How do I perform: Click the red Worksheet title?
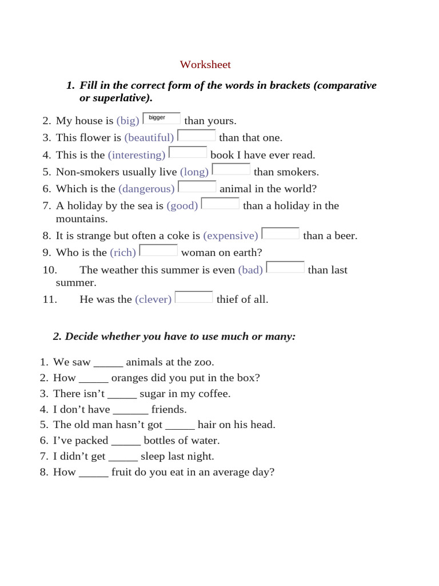coord(205,65)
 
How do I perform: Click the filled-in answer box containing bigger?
coord(161,118)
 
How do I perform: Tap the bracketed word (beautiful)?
coord(149,138)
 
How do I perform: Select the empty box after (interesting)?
coord(188,153)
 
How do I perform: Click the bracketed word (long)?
coord(194,172)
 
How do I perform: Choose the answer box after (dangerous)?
coord(197,187)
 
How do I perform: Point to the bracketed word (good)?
coord(182,206)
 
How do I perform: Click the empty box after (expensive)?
coord(281,233)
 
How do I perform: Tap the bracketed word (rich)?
coord(123,253)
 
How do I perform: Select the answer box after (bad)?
coord(286,267)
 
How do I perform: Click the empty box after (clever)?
coord(194,297)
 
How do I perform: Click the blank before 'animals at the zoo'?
coord(108,362)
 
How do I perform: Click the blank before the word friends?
coord(131,410)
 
